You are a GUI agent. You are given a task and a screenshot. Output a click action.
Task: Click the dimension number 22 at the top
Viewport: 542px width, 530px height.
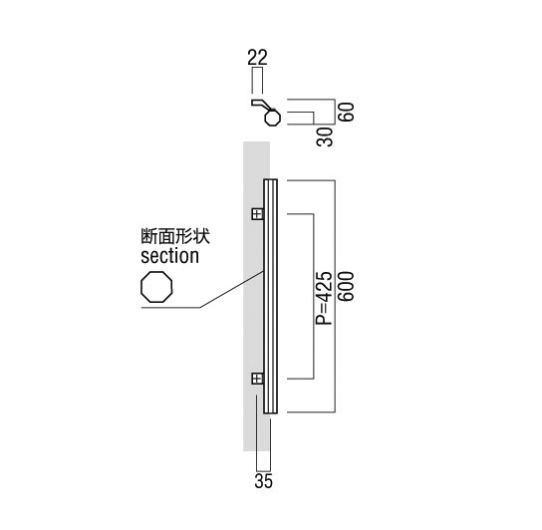(x=257, y=58)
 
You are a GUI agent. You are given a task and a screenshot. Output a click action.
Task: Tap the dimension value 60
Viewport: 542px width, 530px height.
(x=347, y=112)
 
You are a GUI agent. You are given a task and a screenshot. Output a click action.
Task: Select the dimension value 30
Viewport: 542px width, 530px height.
(x=325, y=136)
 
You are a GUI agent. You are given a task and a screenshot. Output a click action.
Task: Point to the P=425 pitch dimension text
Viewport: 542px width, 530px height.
(x=324, y=298)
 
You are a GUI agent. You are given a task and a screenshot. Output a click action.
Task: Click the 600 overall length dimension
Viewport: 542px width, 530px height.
(x=347, y=287)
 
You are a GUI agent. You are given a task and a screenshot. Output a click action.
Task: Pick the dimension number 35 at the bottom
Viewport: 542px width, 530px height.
(x=263, y=481)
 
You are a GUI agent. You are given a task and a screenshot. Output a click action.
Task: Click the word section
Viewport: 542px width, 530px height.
(x=169, y=256)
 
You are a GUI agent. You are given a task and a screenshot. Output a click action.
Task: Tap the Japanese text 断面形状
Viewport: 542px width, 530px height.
(x=175, y=236)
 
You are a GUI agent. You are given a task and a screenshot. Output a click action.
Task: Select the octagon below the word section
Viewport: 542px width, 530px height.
(x=156, y=287)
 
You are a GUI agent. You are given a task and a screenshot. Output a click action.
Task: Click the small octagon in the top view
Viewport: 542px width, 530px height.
(x=273, y=118)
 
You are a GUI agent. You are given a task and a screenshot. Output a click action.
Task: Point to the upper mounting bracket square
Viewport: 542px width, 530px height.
(x=257, y=214)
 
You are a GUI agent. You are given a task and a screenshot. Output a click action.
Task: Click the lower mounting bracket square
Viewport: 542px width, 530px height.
(x=257, y=379)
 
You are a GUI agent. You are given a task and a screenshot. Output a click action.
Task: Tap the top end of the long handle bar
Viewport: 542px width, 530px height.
(x=270, y=179)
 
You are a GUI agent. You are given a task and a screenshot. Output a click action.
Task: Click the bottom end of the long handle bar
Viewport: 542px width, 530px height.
(x=270, y=412)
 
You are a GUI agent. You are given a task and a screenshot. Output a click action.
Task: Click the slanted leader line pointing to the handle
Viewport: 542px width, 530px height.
(x=232, y=289)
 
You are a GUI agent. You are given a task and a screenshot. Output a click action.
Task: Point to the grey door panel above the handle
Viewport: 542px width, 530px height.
(x=256, y=159)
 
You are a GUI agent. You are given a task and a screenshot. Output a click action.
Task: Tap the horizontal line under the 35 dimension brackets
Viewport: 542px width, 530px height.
(x=263, y=470)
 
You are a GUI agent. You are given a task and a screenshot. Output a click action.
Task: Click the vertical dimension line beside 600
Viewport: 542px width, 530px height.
(x=335, y=296)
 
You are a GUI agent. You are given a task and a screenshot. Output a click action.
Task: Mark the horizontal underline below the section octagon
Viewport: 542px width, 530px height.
(x=171, y=308)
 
